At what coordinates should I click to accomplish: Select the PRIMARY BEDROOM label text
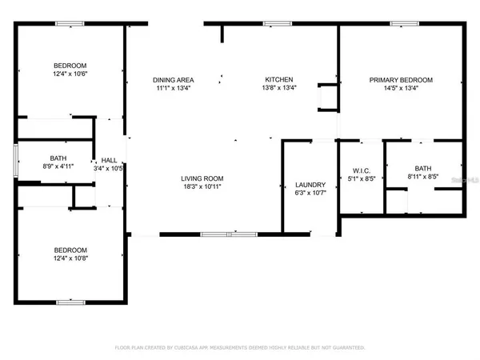pyautogui.click(x=401, y=80)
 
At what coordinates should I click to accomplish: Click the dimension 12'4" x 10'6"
pyautogui.click(x=70, y=74)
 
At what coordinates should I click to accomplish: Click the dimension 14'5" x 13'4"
pyautogui.click(x=401, y=89)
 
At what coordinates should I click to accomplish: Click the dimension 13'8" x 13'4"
pyautogui.click(x=280, y=89)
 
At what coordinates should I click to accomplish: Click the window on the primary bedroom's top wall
pyautogui.click(x=401, y=24)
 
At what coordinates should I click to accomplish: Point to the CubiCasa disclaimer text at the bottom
pyautogui.click(x=239, y=348)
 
